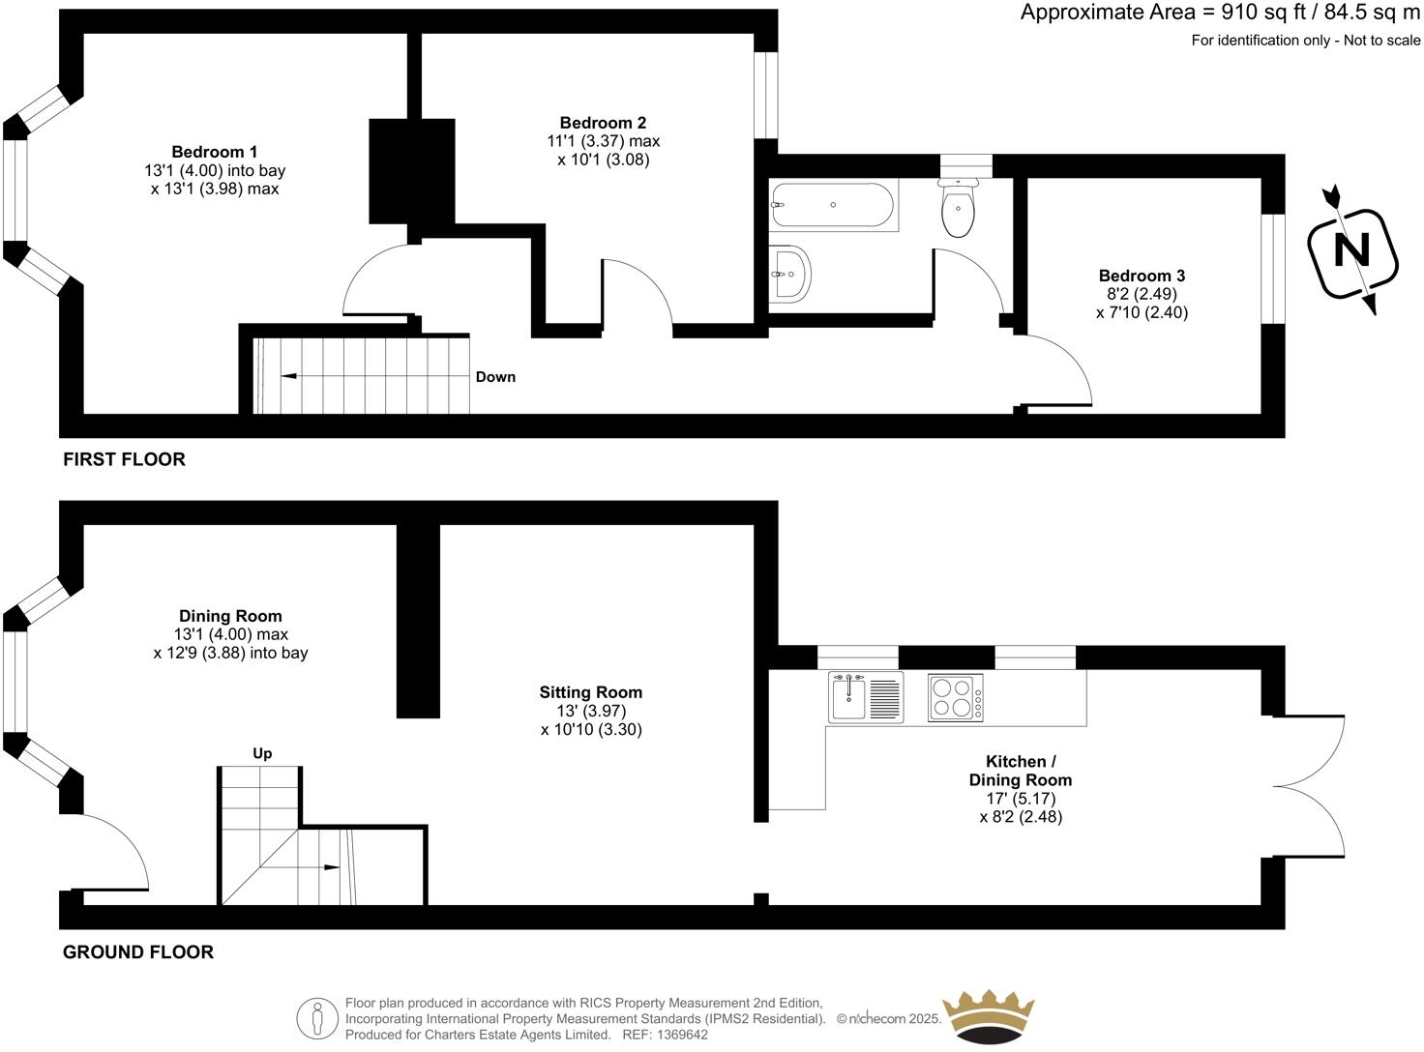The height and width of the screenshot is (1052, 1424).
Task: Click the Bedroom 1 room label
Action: click(214, 152)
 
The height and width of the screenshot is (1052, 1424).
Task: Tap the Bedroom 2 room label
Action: click(603, 123)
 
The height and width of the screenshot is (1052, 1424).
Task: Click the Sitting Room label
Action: click(590, 692)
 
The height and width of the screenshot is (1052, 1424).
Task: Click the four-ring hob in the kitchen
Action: click(955, 697)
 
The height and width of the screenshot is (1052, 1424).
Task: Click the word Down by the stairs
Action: click(495, 377)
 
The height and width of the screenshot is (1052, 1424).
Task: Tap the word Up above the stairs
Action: click(262, 753)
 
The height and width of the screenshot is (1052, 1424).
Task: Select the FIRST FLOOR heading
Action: click(124, 459)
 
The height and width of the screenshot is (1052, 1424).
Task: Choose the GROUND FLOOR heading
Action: click(137, 952)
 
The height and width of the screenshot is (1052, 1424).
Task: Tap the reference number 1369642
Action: click(682, 1035)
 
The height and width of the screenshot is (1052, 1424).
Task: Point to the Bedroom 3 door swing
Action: click(1059, 372)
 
